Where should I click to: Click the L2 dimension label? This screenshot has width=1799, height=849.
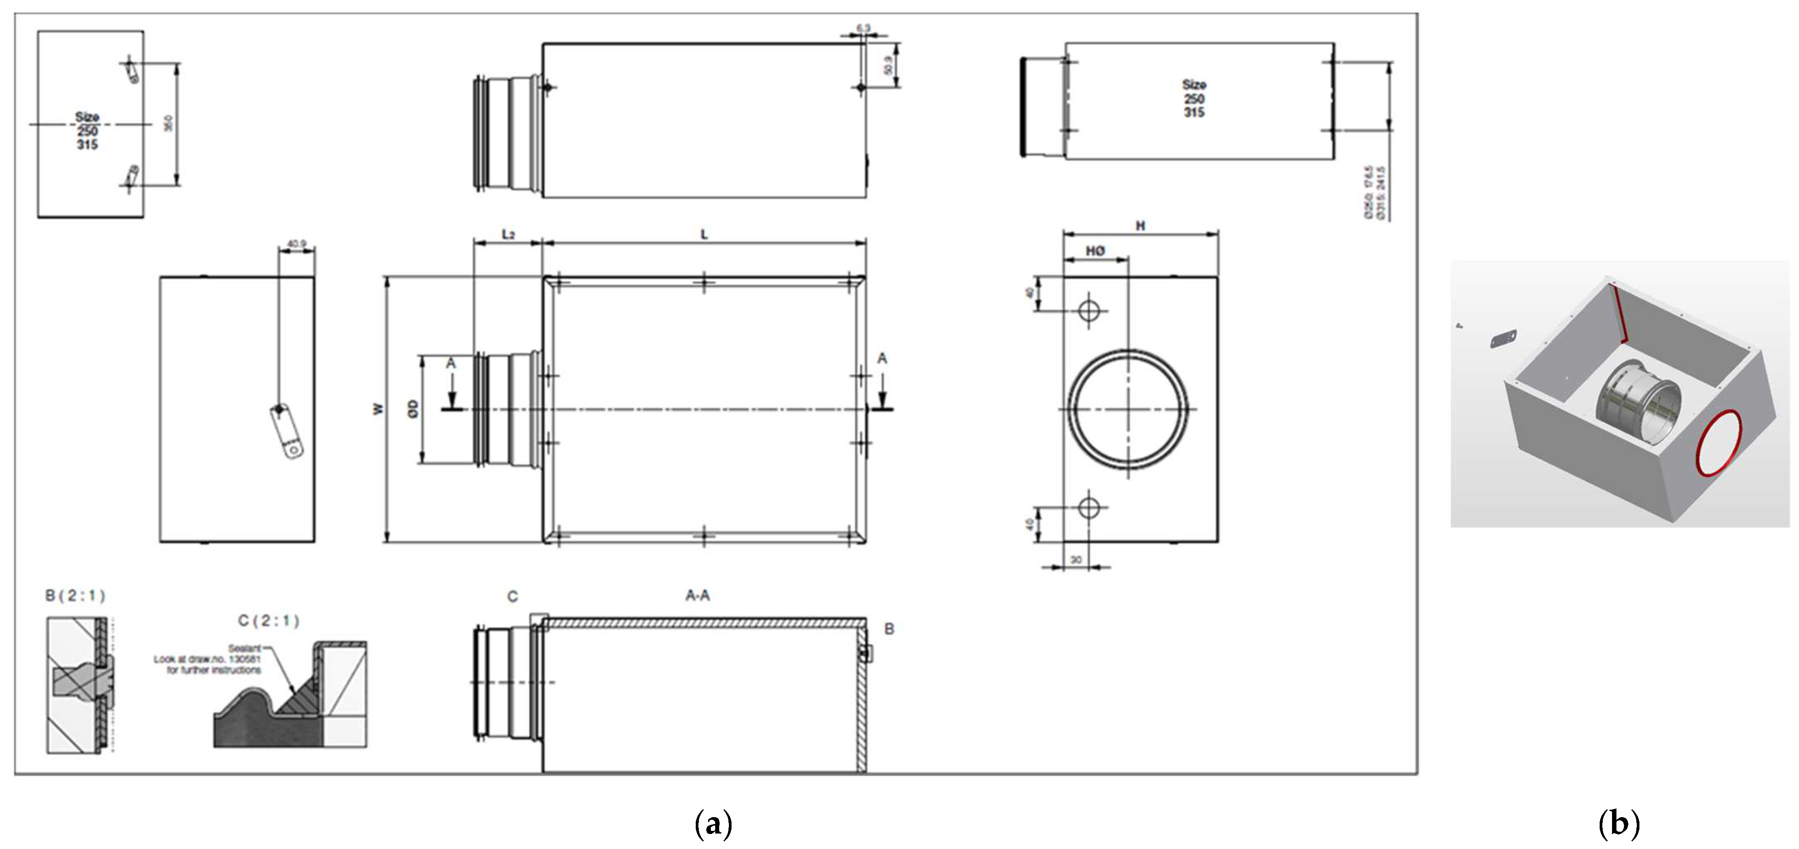click(x=508, y=234)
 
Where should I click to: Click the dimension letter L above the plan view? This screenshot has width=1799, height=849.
click(x=704, y=234)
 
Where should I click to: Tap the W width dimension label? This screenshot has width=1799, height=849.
click(x=378, y=409)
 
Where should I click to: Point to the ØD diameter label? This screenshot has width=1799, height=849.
click(x=413, y=409)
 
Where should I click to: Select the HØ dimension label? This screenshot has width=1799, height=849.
click(x=1095, y=251)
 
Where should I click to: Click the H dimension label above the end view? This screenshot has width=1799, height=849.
click(x=1140, y=226)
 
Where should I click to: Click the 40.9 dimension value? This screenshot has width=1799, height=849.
click(x=296, y=244)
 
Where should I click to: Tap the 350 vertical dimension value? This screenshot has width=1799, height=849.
click(x=168, y=123)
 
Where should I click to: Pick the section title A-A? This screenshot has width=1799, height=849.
click(x=697, y=595)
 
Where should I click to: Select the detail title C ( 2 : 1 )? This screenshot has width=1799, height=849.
click(x=268, y=620)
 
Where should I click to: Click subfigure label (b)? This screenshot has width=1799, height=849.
click(x=1618, y=823)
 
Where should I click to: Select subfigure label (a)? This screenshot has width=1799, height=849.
click(x=713, y=823)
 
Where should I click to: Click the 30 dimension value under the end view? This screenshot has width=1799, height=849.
click(x=1075, y=560)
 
